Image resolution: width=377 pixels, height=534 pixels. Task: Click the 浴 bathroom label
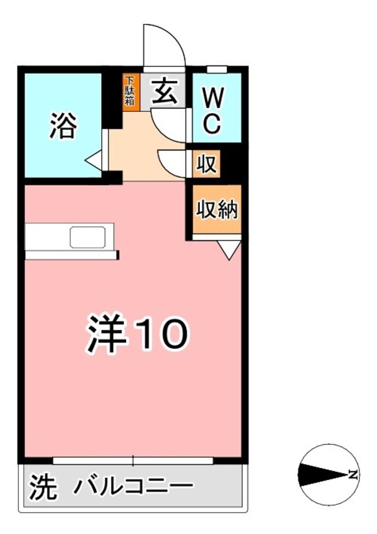click(63, 128)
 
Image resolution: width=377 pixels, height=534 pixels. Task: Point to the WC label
click(213, 109)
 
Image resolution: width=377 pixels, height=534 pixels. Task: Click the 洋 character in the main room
click(106, 334)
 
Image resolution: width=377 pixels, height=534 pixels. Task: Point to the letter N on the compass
click(354, 474)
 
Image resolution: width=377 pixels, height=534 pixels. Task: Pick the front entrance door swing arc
click(165, 45)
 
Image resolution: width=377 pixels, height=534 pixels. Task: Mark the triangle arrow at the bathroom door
click(94, 160)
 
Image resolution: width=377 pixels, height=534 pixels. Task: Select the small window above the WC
click(217, 68)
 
